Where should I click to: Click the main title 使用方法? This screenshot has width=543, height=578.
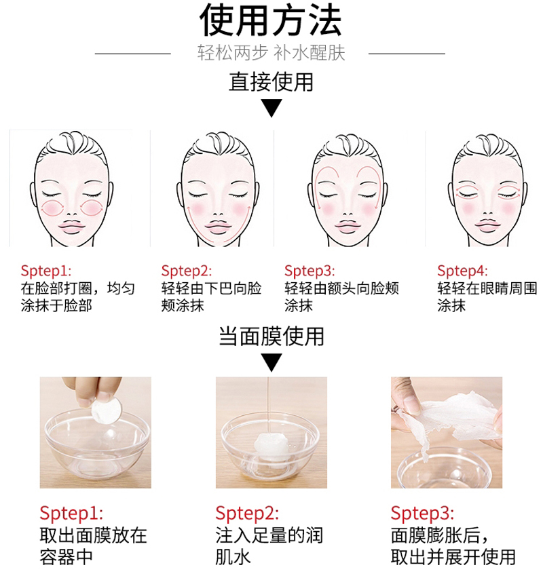[271, 20]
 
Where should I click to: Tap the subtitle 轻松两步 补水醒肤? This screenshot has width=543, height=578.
[271, 53]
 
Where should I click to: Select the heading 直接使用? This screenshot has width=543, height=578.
[271, 82]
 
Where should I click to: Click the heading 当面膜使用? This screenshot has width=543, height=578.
[271, 336]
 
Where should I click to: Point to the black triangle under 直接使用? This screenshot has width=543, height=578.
[271, 107]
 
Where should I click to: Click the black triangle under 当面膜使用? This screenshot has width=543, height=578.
[271, 362]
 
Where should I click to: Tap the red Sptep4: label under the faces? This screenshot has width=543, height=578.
[463, 271]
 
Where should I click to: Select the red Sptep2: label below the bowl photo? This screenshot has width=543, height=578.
[247, 513]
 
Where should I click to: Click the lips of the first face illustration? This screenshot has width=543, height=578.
[73, 227]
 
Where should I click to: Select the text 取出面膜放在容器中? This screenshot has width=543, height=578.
[93, 546]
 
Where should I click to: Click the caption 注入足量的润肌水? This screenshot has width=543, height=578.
[269, 546]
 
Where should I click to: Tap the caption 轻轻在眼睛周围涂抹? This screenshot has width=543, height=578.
[487, 296]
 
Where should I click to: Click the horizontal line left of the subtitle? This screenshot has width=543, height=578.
[133, 54]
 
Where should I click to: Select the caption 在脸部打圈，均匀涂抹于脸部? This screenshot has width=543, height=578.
[78, 296]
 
